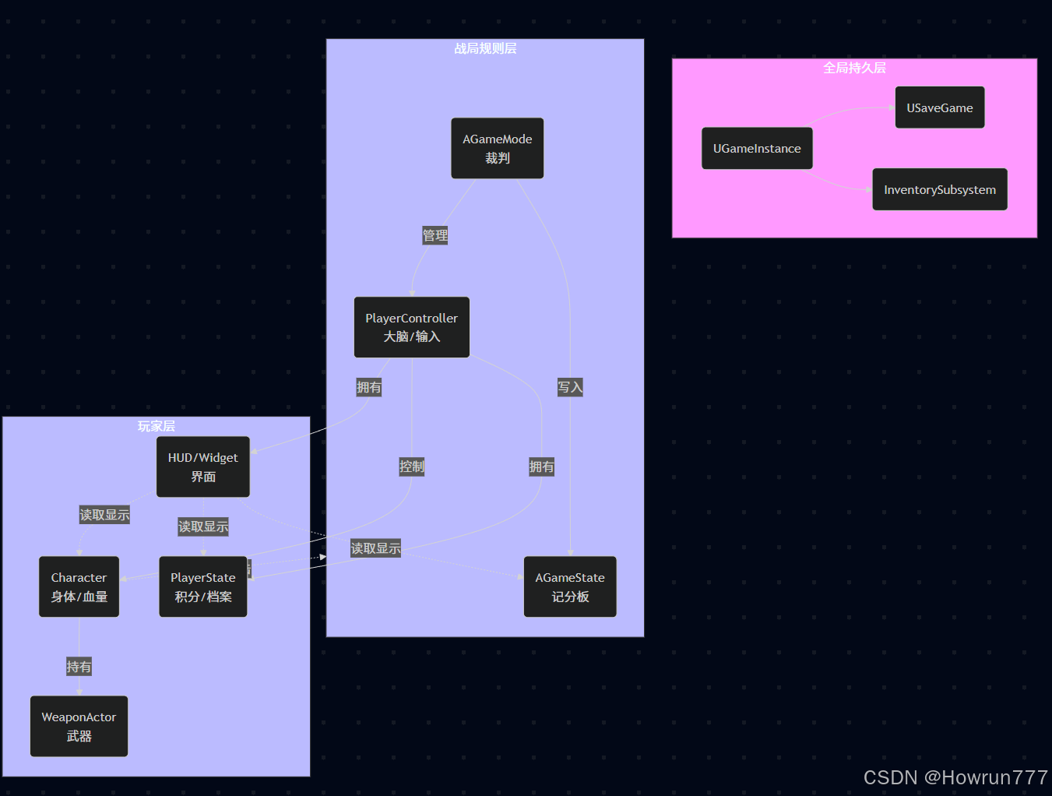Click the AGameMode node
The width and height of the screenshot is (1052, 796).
tap(497, 148)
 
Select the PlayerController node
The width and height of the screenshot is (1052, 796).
tap(411, 327)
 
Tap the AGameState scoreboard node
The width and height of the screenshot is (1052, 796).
tap(569, 586)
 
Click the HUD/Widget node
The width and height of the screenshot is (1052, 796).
tap(202, 467)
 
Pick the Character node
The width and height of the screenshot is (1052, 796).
tap(79, 586)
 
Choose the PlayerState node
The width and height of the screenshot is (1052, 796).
tap(202, 586)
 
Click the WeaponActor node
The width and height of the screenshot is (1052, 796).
tap(79, 726)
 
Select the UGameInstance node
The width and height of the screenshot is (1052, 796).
tap(756, 148)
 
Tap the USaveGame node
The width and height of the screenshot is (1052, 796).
tap(939, 107)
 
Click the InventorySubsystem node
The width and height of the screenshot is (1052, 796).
tap(939, 189)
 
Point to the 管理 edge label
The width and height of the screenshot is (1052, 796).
tap(435, 235)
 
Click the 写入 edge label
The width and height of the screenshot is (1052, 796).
tap(569, 387)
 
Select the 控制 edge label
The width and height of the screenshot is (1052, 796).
tap(411, 467)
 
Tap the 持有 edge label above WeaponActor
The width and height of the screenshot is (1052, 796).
tap(79, 667)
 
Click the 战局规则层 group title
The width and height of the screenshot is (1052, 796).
tap(485, 48)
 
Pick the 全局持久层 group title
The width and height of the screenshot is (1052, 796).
tap(854, 68)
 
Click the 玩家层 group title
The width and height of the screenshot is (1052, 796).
tap(156, 426)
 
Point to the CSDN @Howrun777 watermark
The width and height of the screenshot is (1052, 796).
tap(955, 777)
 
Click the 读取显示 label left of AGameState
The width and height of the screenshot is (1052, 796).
tap(375, 548)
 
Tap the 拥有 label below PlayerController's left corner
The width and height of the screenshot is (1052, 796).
tap(368, 387)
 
